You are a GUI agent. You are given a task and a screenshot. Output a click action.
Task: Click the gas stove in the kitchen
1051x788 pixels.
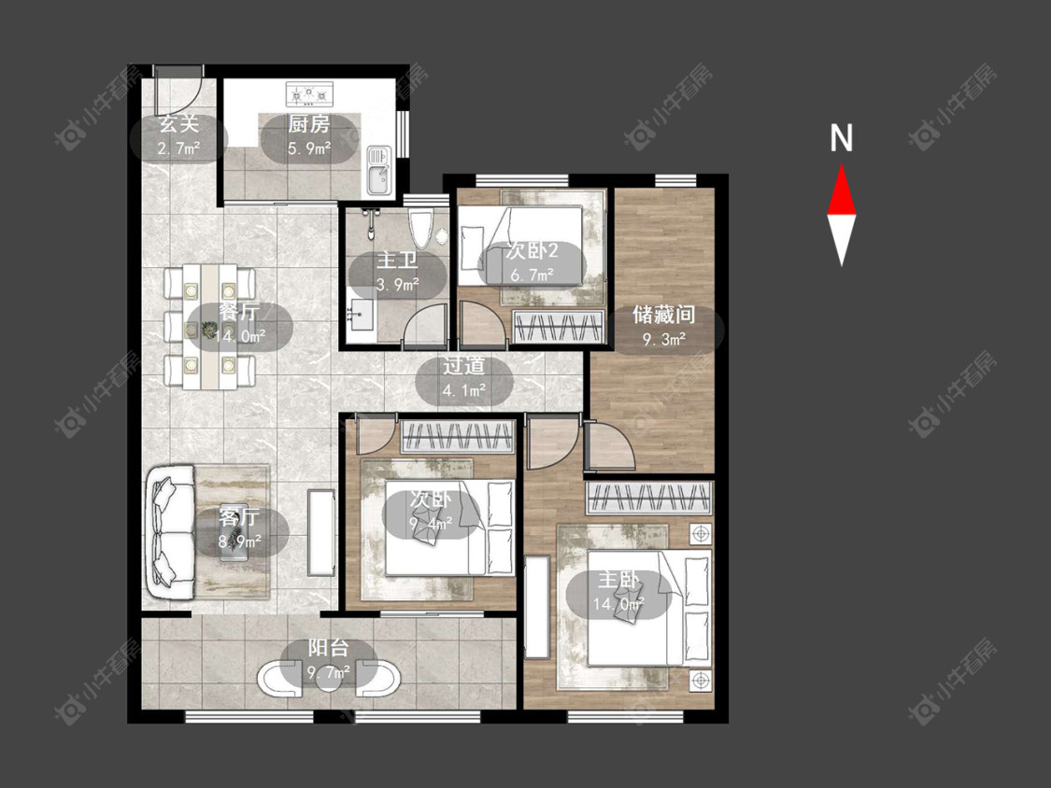point(309,93)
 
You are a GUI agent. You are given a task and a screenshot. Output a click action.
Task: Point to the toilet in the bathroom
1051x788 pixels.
point(421,228)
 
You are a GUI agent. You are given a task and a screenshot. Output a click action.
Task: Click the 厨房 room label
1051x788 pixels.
point(309,124)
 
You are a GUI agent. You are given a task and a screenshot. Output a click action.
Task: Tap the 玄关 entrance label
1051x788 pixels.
point(179,123)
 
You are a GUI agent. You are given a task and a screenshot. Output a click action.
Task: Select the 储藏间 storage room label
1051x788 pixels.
point(664,315)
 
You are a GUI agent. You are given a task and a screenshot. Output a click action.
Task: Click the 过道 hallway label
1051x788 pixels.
point(463,366)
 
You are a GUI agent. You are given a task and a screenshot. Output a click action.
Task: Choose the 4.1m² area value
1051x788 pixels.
point(463,390)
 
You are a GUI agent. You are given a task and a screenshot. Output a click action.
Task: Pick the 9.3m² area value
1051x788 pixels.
point(664,339)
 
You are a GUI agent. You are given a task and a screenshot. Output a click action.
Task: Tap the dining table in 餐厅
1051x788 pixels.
point(210,327)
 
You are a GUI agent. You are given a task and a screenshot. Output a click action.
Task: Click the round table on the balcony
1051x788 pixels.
point(329,677)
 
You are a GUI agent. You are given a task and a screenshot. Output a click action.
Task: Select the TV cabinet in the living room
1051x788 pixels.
point(320,533)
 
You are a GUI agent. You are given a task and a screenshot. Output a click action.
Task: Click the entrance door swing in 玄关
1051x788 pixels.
point(178,91)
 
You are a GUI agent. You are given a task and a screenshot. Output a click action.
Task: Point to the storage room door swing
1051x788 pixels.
point(608,445)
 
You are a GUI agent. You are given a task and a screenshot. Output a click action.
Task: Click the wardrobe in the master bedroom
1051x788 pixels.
point(648,498)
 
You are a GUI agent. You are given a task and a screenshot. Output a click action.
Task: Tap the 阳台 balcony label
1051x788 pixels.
point(329,647)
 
